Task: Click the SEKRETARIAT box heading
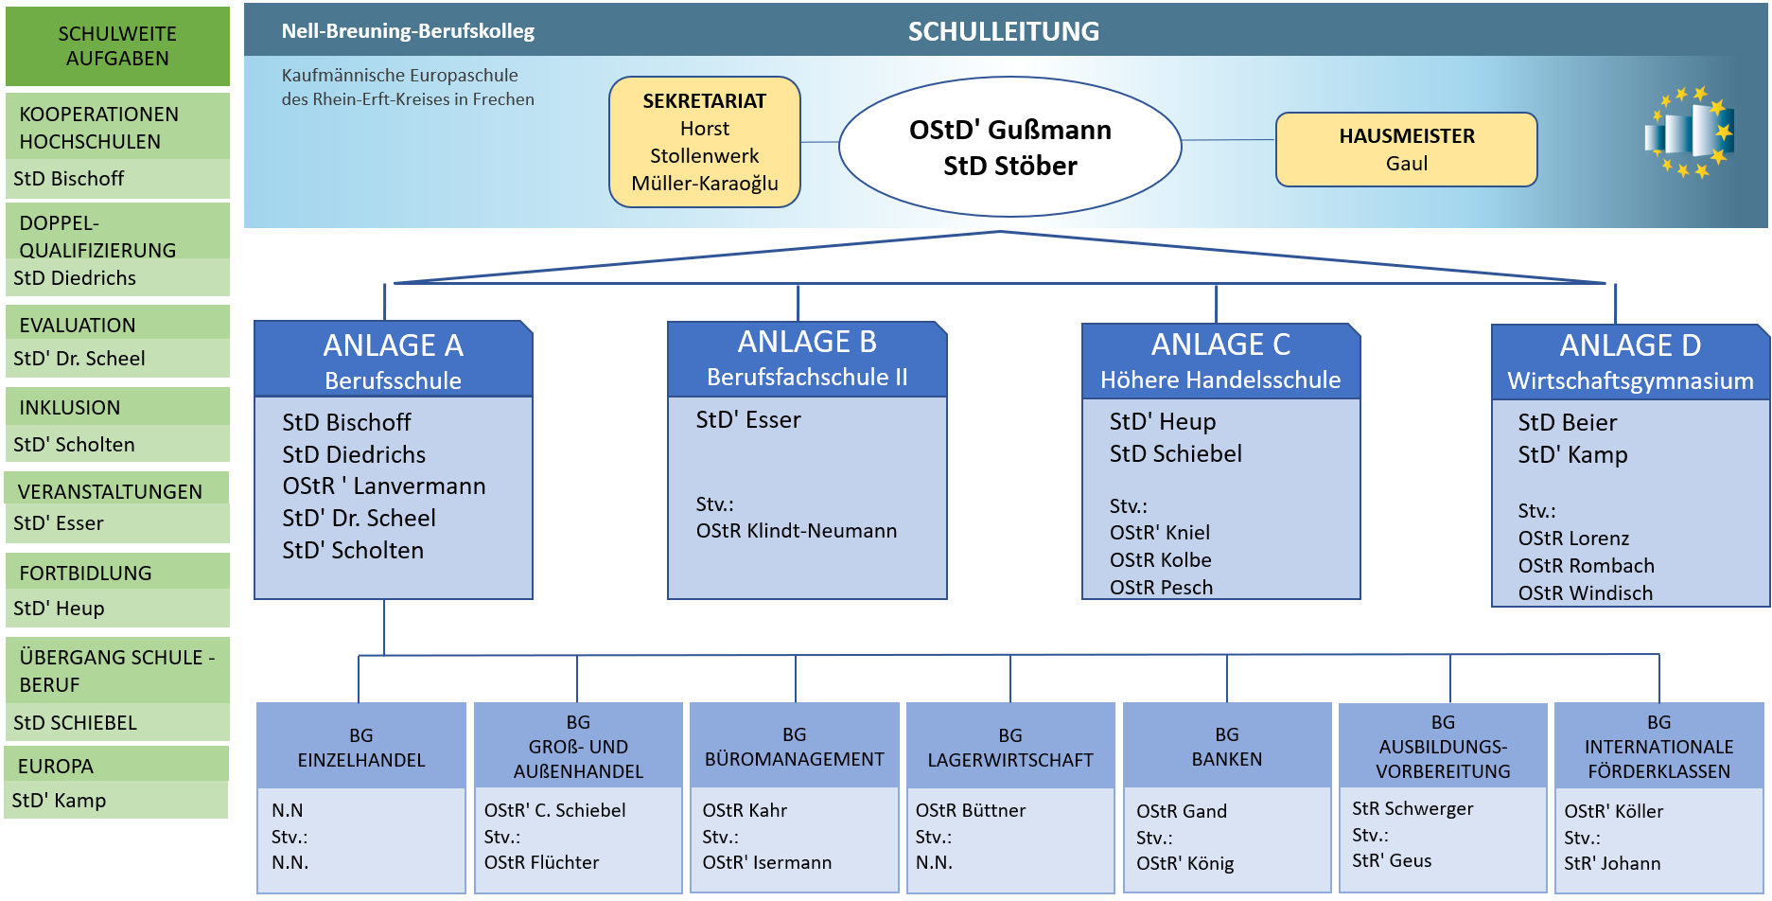[704, 101]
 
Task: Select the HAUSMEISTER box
[1406, 150]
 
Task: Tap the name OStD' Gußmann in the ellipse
[1009, 130]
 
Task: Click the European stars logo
[1689, 132]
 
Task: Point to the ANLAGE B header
[806, 342]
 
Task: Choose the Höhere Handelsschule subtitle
[1219, 380]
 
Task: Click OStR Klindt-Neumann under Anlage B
[796, 531]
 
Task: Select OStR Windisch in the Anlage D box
[1585, 593]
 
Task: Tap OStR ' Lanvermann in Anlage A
[383, 486]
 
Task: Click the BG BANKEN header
[1226, 747]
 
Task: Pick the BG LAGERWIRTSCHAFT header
[1009, 748]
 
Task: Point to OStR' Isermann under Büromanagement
[766, 862]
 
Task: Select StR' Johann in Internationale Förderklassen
[1611, 863]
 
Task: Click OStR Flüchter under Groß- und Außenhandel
[541, 862]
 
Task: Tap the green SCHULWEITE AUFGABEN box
[117, 46]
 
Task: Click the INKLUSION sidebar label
[70, 408]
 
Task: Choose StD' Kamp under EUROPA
[59, 801]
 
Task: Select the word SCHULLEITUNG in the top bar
[1003, 32]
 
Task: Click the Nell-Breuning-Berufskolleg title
[408, 31]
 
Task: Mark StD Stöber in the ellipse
[1009, 167]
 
